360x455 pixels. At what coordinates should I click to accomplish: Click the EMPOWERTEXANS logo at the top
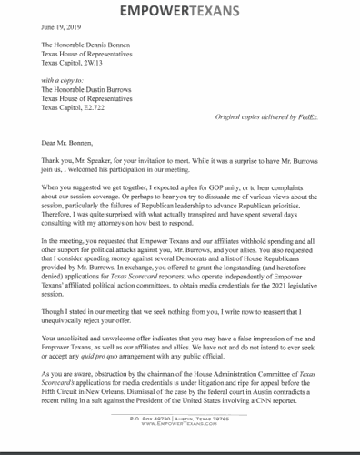tap(180, 12)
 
